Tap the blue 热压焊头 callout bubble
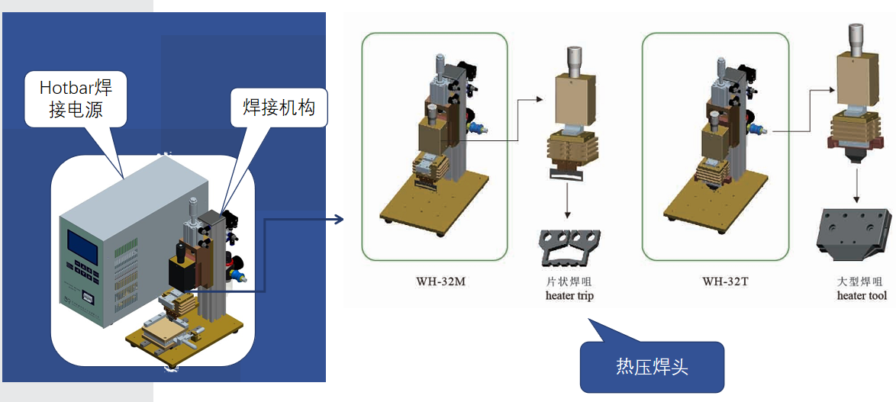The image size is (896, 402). click(651, 367)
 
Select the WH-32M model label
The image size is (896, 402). click(435, 281)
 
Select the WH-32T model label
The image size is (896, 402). click(725, 281)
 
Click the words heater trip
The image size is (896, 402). click(569, 295)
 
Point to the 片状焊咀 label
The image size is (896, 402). click(570, 282)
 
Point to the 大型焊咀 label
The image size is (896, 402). click(861, 282)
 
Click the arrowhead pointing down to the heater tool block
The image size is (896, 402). click(857, 199)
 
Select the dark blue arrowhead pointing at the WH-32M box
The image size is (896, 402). click(339, 220)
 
